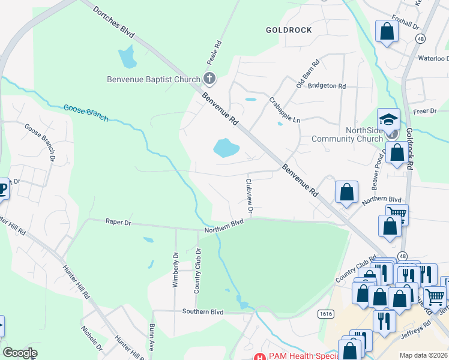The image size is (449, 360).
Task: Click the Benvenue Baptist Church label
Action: click(x=154, y=79)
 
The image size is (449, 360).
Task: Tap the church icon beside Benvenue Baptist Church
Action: click(x=209, y=78)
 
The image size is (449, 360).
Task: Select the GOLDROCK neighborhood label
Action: click(x=289, y=29)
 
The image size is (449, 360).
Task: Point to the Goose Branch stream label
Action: click(x=86, y=112)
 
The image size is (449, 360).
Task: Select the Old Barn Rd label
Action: click(x=308, y=74)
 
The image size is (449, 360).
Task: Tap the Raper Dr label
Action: click(x=118, y=221)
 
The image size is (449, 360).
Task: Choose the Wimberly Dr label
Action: click(x=175, y=269)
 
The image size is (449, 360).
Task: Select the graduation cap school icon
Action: click(x=388, y=118)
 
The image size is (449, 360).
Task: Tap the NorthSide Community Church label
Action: click(x=346, y=135)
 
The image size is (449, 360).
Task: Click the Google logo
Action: click(x=20, y=353)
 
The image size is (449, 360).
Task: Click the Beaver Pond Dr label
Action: click(x=380, y=176)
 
